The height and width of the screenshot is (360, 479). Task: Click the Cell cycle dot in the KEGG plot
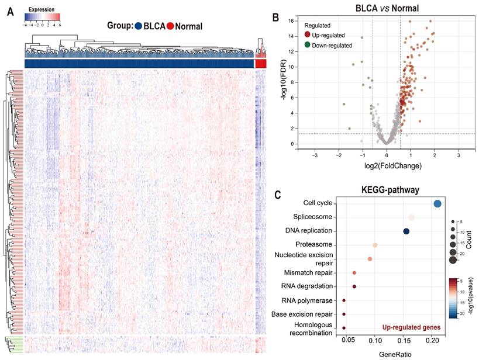(x=437, y=203)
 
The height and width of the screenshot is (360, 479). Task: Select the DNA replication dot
(x=406, y=231)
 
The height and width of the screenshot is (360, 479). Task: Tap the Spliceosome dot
(x=412, y=217)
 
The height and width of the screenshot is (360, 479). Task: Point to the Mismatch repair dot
(x=354, y=273)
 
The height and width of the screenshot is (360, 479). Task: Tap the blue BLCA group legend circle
(x=139, y=26)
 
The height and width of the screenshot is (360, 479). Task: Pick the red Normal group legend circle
(x=170, y=26)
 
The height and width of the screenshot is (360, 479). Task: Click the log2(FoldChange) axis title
(x=387, y=166)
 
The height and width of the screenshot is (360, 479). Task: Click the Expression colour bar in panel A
(x=42, y=17)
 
